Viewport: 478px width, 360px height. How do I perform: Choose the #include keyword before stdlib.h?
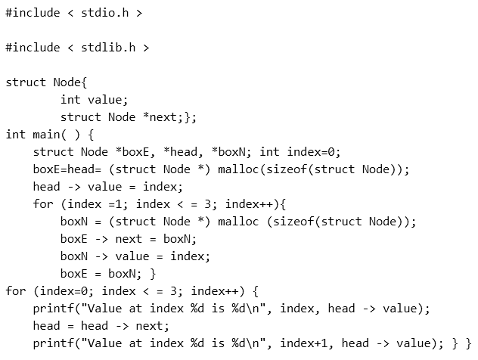pyautogui.click(x=33, y=48)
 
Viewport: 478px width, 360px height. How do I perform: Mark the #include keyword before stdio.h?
pyautogui.click(x=33, y=13)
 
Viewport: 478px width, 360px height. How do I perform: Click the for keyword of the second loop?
pyautogui.click(x=15, y=291)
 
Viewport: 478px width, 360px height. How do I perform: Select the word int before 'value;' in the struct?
pyautogui.click(x=70, y=100)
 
